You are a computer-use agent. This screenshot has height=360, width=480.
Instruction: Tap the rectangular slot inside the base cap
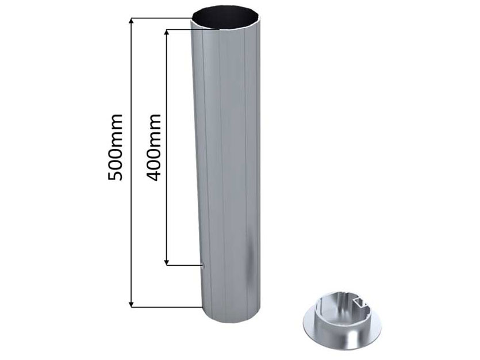[x=361, y=301]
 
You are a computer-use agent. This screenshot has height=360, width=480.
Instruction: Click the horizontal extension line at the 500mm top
[x=161, y=18]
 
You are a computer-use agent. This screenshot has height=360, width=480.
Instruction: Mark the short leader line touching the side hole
[x=184, y=265]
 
